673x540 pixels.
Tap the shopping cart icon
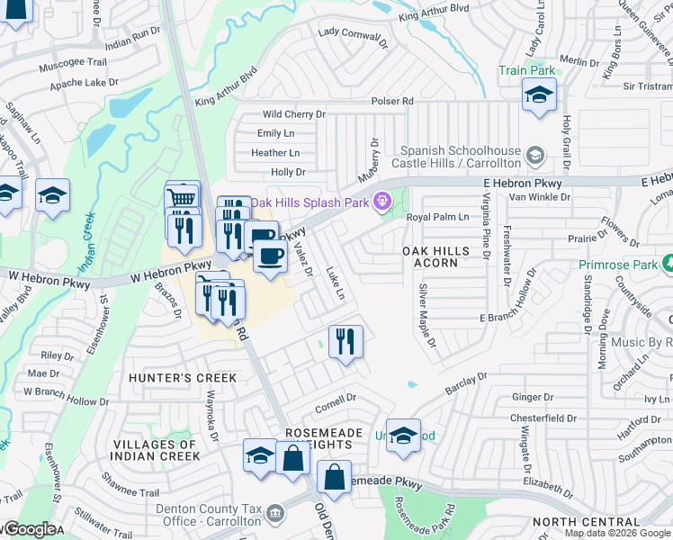(x=182, y=197)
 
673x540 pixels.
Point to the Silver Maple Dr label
(x=426, y=317)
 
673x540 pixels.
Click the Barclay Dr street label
(x=466, y=383)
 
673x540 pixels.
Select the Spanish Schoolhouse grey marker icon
(x=535, y=157)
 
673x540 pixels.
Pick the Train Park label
(x=528, y=69)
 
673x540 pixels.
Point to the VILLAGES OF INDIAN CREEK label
(x=155, y=450)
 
